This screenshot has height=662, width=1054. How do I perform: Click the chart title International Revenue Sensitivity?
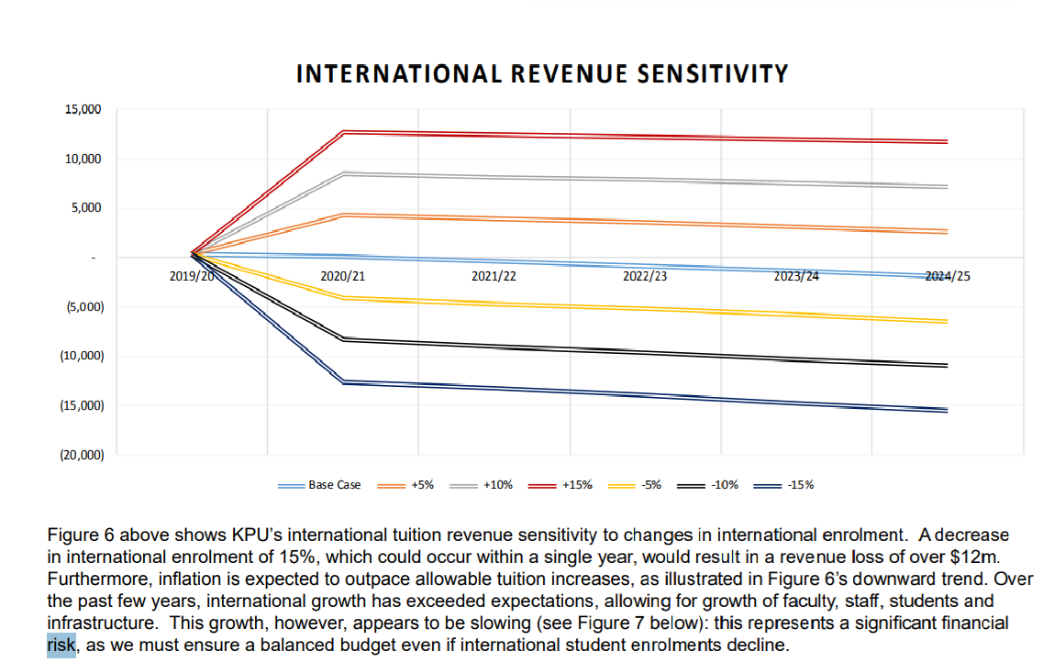click(x=541, y=73)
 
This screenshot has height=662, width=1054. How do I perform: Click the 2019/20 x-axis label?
click(x=193, y=276)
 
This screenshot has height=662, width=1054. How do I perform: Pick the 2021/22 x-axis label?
click(x=494, y=276)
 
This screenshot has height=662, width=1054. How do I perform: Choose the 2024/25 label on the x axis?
click(x=946, y=276)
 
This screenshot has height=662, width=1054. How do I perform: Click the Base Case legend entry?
click(x=334, y=485)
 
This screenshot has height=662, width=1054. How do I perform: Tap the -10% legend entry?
click(x=725, y=485)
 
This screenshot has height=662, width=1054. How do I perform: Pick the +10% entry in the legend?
click(x=498, y=485)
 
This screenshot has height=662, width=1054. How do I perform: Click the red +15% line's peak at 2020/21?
click(x=343, y=132)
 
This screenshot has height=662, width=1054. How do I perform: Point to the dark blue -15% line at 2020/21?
click(x=343, y=381)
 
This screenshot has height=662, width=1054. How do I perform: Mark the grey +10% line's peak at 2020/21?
click(x=343, y=173)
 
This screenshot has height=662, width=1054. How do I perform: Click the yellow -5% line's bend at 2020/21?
click(x=343, y=298)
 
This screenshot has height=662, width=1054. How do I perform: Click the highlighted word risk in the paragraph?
click(x=61, y=645)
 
